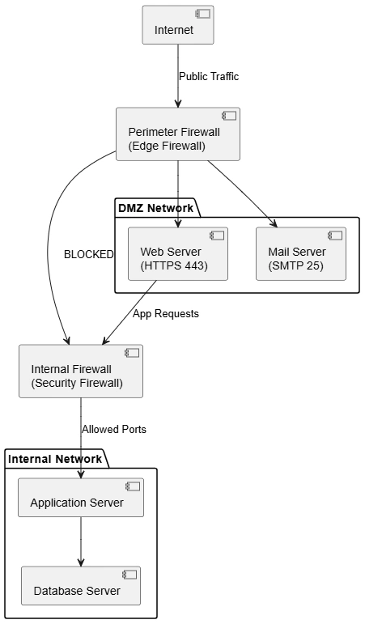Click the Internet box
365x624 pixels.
(x=178, y=24)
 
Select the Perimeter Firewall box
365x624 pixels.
(x=178, y=134)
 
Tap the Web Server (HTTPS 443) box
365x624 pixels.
(x=178, y=254)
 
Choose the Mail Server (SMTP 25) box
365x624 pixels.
(x=301, y=254)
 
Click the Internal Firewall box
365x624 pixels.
(x=81, y=371)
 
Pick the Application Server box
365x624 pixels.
(x=81, y=498)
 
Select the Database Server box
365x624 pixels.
(x=81, y=586)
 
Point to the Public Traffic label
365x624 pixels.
(x=209, y=76)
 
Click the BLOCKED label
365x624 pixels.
(x=89, y=254)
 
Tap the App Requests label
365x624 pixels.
(x=166, y=313)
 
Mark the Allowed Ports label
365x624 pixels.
(x=114, y=430)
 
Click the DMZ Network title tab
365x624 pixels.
(x=156, y=208)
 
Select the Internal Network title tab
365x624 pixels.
(x=55, y=459)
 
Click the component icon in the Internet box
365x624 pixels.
(x=202, y=14)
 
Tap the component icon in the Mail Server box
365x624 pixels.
(x=335, y=236)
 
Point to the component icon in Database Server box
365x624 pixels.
(x=129, y=575)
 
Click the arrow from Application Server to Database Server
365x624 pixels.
(x=81, y=541)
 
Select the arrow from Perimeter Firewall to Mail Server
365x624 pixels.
(x=242, y=193)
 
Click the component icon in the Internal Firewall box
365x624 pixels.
(x=132, y=353)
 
